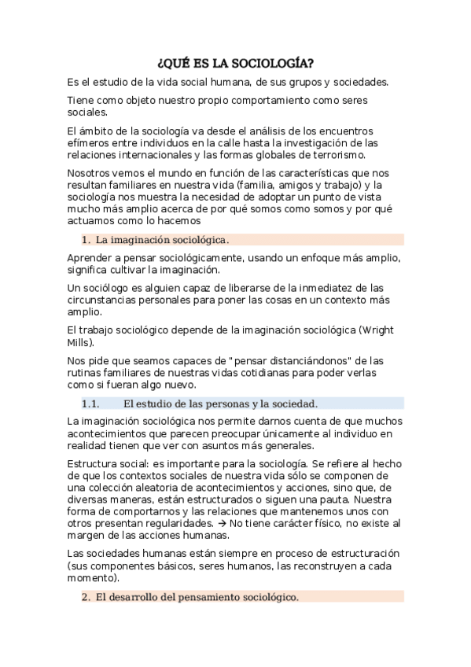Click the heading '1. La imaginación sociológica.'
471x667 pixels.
pos(161,239)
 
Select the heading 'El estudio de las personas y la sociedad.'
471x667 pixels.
pos(220,404)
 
